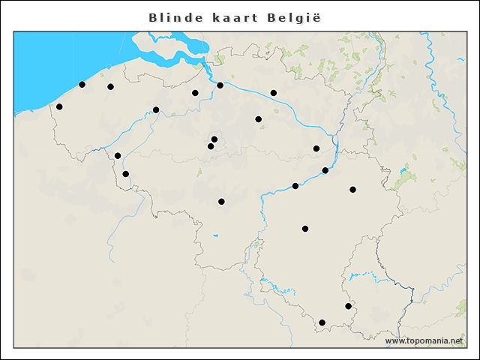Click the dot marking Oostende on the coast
[x=82, y=85]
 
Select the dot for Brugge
[x=110, y=87]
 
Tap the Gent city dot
[x=156, y=110]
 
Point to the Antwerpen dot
[x=220, y=85]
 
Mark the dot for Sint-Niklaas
[x=195, y=93]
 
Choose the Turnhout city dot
[x=274, y=93]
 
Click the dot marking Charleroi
[x=221, y=201]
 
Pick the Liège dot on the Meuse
[x=325, y=171]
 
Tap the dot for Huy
[x=295, y=186]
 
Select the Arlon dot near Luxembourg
[x=348, y=306]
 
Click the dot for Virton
[x=322, y=322]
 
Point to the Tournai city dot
[x=125, y=174]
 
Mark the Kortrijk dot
[x=118, y=156]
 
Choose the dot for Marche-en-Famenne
[x=305, y=229]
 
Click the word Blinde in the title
[x=175, y=17]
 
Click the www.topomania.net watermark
[x=424, y=341]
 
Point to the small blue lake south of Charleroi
[x=215, y=236]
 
